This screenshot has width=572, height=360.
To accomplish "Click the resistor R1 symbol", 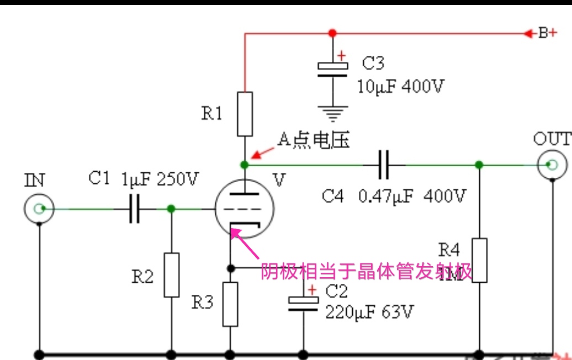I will tap(245, 114).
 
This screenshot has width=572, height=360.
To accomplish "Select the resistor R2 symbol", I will tap(172, 274).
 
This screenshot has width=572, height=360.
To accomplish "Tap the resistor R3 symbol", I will tap(230, 304).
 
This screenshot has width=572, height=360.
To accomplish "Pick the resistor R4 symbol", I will tap(479, 260).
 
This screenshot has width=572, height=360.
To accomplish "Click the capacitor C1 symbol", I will tap(134, 209).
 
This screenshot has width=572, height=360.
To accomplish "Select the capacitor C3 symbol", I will tap(332, 70).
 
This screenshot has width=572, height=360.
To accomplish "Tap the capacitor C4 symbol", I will tap(384, 165).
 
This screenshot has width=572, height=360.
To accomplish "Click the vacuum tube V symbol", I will tap(243, 209).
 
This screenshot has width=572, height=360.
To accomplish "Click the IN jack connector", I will tap(39, 209).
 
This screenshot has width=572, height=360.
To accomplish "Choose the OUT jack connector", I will tap(552, 165).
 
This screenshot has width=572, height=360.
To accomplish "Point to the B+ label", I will tap(547, 33).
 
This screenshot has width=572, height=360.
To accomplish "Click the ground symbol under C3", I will tap(332, 114).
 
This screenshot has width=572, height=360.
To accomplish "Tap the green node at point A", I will tap(245, 165).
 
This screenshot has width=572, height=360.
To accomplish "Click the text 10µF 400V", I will tap(400, 87).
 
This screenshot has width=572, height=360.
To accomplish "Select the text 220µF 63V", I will tap(369, 313).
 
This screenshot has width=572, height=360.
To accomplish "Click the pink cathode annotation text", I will tap(367, 271).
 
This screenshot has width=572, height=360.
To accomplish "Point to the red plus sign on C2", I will tap(313, 290).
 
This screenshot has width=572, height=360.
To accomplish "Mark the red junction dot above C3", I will tap(332, 33).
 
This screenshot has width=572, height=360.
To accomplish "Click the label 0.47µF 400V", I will tap(412, 196).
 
